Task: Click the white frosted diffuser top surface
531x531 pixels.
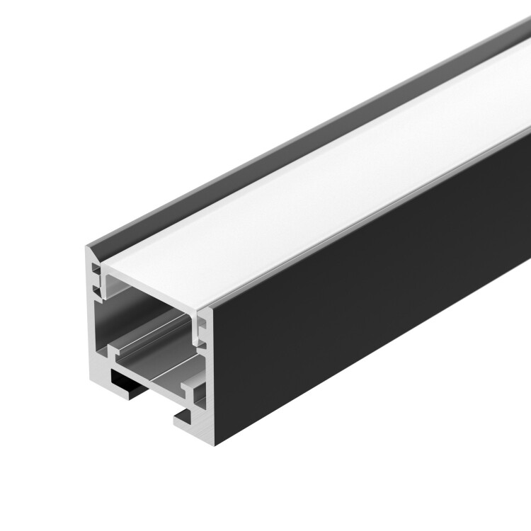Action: tap(319, 191)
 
